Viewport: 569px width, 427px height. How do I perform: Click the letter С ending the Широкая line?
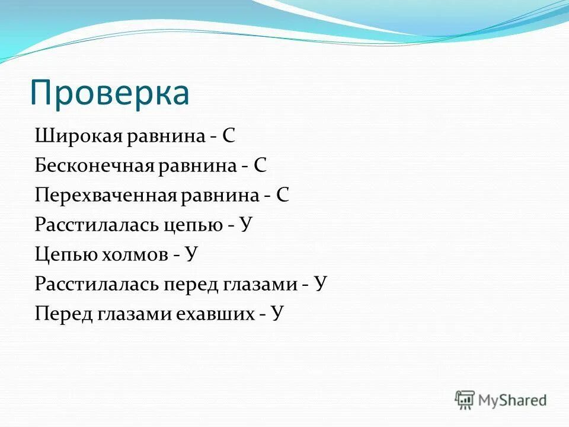pos(229,136)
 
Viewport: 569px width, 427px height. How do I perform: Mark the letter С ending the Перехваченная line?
pos(282,195)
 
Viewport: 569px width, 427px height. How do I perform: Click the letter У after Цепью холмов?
pos(191,254)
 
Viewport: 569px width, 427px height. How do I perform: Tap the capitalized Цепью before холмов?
pos(59,254)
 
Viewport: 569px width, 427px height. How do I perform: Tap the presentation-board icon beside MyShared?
pos(465,400)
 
